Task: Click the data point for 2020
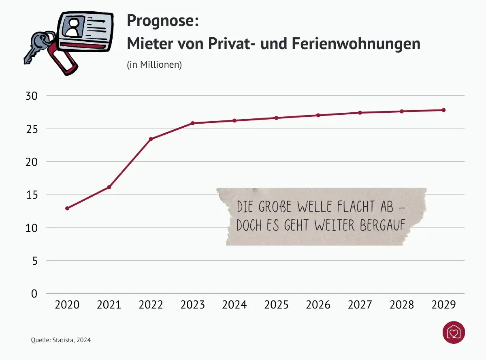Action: point(67,208)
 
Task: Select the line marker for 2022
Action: point(151,139)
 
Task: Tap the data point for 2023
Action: point(193,123)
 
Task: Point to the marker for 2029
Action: point(443,110)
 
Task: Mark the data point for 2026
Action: point(318,115)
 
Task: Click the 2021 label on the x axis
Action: point(109,305)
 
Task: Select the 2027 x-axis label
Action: point(360,305)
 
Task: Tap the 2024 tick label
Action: point(234,305)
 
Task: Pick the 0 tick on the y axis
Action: point(34,294)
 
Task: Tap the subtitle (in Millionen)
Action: point(154,64)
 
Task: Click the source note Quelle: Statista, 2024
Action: point(61,340)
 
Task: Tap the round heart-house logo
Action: point(454,333)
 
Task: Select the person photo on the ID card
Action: point(73,28)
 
